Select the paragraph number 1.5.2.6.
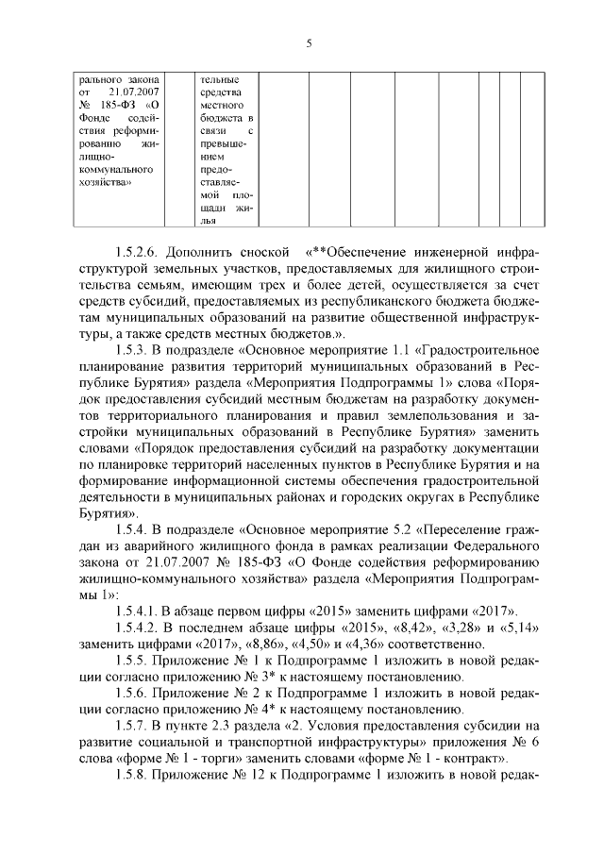pos(142,253)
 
